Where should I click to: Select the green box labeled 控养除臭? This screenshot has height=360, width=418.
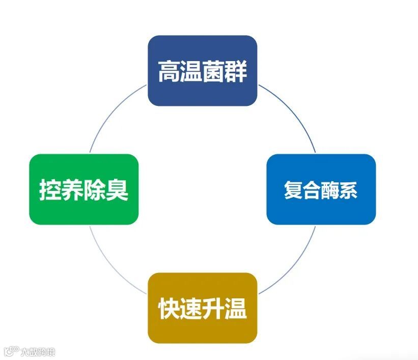[x=83, y=189]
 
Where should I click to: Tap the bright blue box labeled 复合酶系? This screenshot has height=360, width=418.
[x=321, y=189]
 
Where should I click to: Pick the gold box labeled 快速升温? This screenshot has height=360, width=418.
[x=202, y=308]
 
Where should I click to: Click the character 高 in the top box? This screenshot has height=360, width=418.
[x=169, y=71]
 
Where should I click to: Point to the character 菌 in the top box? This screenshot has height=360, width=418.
[x=214, y=71]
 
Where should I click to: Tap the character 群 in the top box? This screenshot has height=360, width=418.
[x=236, y=71]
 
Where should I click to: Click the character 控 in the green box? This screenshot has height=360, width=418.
[x=50, y=190]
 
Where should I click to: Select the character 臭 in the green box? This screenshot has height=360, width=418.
[x=117, y=190]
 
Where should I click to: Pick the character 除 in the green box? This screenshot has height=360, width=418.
[x=95, y=190]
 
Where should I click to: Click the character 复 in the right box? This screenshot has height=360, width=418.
[x=293, y=190]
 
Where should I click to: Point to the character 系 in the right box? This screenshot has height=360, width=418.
[x=349, y=190]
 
